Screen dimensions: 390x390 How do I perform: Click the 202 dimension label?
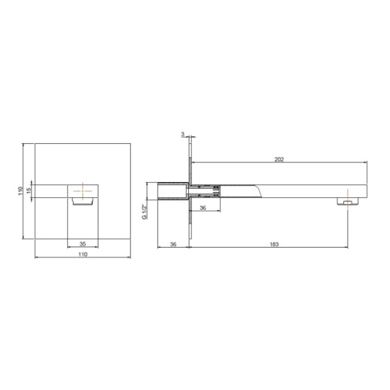pos(279,160)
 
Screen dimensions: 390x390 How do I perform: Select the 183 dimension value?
pos(274,244)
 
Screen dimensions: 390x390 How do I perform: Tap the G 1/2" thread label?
pos(145,212)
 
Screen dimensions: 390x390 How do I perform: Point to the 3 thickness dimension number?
pos(183,134)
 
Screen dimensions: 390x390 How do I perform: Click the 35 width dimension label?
pos(83,244)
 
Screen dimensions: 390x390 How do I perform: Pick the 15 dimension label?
pos(29,190)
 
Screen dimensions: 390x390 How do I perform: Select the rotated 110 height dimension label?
pos(20,190)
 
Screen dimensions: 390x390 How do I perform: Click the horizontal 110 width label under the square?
pos(83,254)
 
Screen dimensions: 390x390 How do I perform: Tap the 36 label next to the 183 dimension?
pos(173,244)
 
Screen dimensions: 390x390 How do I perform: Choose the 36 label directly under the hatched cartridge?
pos(203,208)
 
